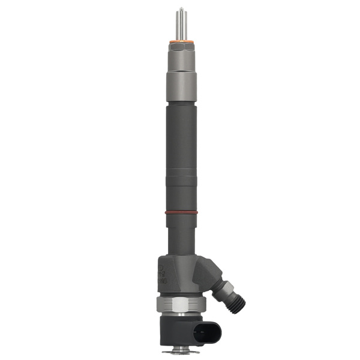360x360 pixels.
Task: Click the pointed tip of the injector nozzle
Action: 179,7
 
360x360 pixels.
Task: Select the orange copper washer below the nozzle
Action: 179,41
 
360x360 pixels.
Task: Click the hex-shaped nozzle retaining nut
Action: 179,58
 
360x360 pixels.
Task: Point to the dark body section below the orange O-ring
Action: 179,234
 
